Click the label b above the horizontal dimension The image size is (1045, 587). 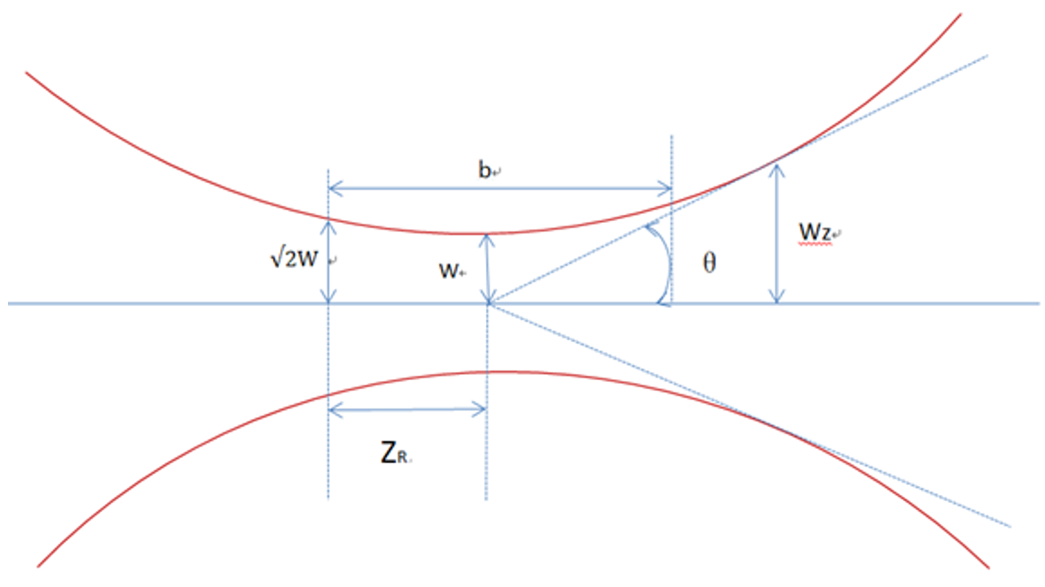[484, 171]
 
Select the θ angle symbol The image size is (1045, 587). [708, 263]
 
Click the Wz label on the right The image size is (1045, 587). [814, 232]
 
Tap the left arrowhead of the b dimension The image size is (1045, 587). [333, 187]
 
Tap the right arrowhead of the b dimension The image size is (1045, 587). [667, 187]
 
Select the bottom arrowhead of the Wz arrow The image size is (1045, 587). [776, 298]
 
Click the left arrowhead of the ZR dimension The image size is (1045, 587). [333, 408]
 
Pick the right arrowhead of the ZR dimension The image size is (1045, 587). [481, 408]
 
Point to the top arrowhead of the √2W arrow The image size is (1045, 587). [329, 225]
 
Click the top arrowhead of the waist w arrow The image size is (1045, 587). [487, 238]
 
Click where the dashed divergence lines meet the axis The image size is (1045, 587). [488, 303]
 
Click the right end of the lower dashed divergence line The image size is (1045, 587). [1008, 525]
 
